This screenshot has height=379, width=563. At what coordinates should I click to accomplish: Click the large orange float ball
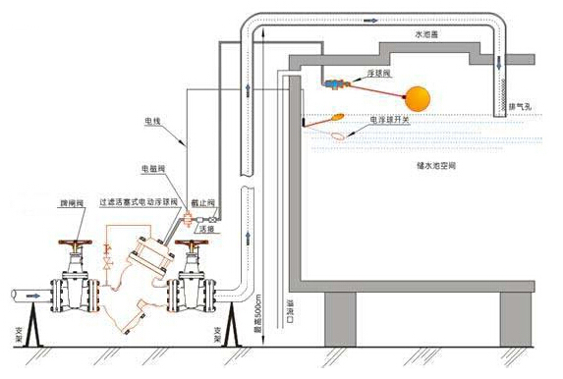[419, 98]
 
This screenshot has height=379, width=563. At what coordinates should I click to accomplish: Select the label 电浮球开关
[390, 118]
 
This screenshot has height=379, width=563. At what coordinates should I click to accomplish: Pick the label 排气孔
[522, 106]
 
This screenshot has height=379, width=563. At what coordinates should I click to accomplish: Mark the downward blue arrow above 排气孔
[499, 61]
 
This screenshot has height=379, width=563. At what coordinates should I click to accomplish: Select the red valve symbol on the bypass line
[183, 220]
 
